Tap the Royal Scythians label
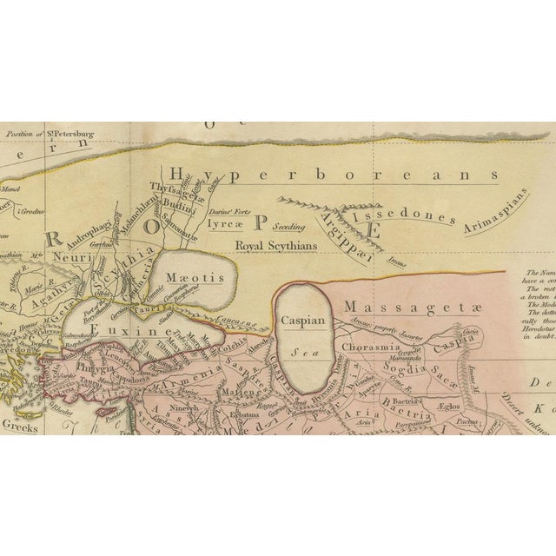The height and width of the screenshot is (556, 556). pyautogui.click(x=270, y=246)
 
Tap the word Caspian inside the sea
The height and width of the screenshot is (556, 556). pyautogui.click(x=302, y=321)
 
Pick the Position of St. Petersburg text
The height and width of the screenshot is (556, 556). pyautogui.click(x=50, y=135)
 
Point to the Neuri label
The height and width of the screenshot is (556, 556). pyautogui.click(x=64, y=258)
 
